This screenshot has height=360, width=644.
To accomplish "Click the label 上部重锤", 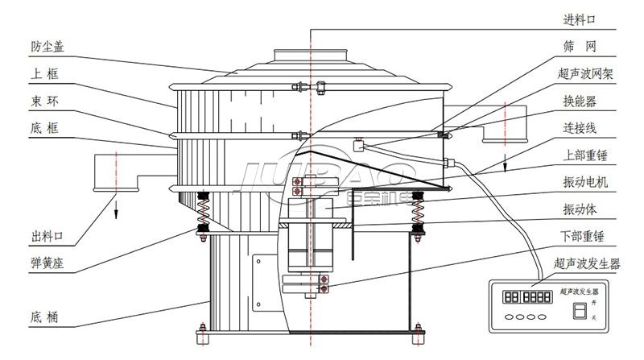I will click(x=585, y=155).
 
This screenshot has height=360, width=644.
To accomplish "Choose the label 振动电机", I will click(x=585, y=183).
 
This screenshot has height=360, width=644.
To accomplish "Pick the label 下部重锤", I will click(x=585, y=236).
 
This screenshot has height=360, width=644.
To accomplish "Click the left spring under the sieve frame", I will click(x=204, y=213).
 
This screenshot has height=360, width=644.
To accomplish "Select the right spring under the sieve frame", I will click(x=418, y=213).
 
